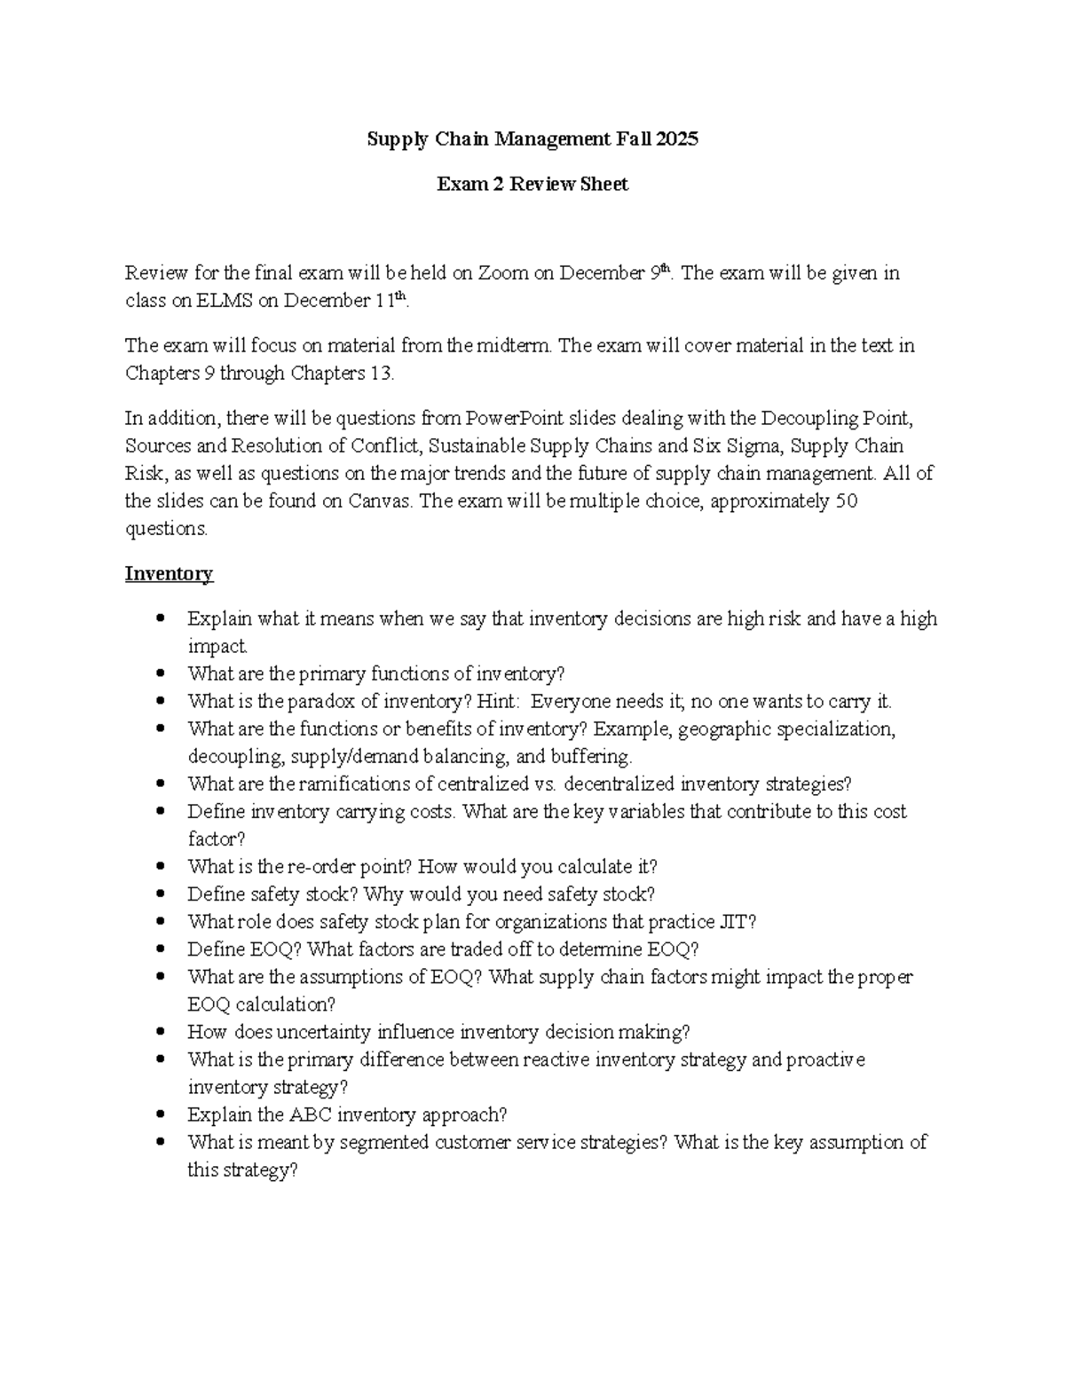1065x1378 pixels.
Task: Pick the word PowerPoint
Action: click(515, 418)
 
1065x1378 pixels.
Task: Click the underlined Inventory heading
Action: click(169, 574)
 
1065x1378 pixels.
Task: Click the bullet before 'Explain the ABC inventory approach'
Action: click(160, 1115)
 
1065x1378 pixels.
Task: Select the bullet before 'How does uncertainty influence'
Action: click(160, 1033)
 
